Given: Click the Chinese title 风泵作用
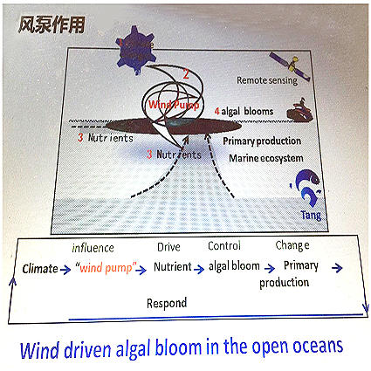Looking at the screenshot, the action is (x=52, y=24).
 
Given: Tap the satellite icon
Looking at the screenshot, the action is (x=290, y=66).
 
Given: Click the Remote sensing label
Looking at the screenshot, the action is (x=267, y=80).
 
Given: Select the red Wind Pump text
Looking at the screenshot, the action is (x=174, y=105).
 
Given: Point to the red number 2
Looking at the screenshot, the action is (x=186, y=74).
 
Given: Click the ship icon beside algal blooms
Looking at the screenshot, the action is (x=300, y=111).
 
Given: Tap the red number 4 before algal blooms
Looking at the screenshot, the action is (x=216, y=111).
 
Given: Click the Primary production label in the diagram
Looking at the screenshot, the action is (x=262, y=141).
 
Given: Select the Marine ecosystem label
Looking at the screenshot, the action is (x=266, y=158).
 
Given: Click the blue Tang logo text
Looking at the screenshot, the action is (x=311, y=216).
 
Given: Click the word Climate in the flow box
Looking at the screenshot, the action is (x=40, y=269).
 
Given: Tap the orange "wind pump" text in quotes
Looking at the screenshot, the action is (x=106, y=267).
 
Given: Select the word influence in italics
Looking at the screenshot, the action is (x=93, y=248).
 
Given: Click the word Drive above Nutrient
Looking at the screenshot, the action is (x=168, y=247).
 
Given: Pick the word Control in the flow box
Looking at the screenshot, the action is (x=224, y=246).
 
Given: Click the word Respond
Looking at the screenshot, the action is (x=167, y=304).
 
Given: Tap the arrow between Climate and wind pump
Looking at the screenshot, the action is (x=65, y=270).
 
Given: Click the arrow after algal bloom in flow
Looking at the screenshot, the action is (x=270, y=268).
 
